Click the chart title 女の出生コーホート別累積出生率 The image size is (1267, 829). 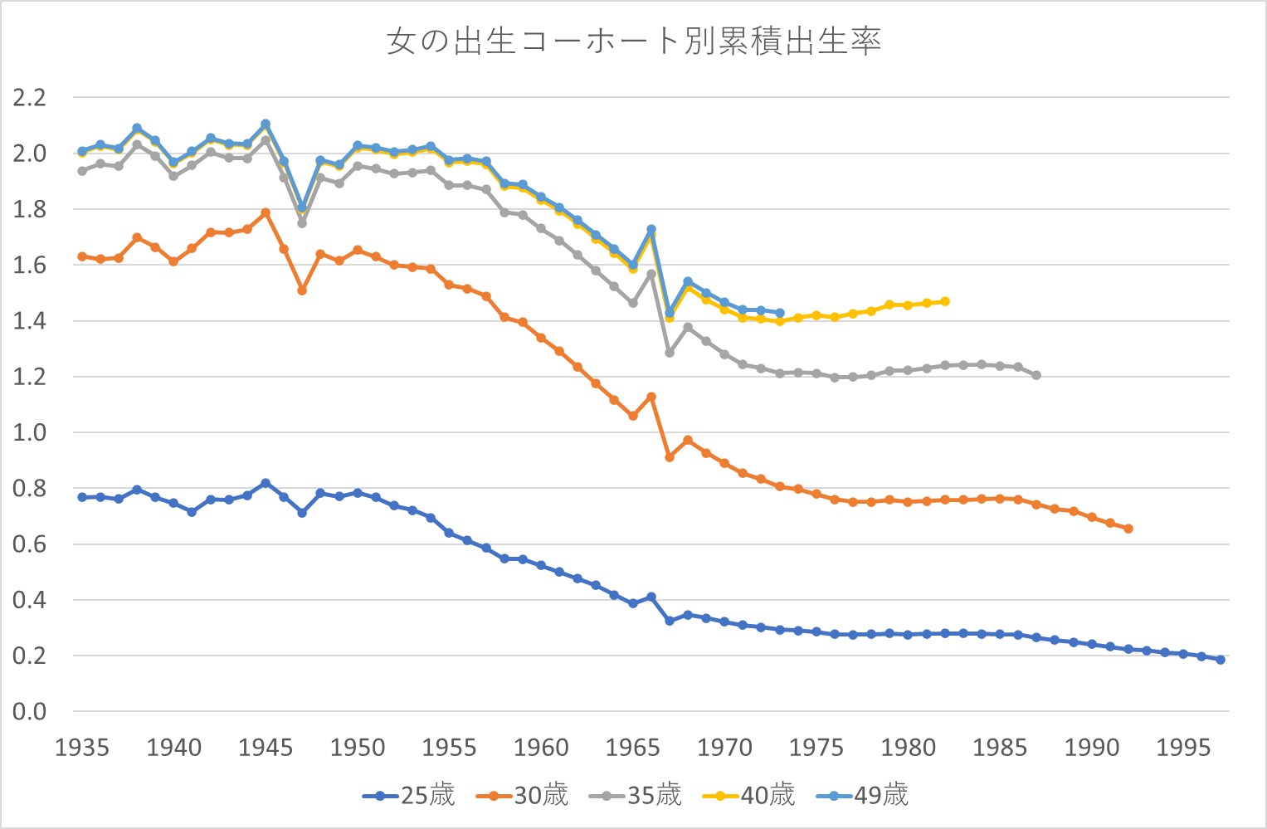click(633, 41)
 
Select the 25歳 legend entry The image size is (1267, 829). click(409, 795)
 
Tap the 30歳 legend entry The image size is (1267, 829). click(522, 795)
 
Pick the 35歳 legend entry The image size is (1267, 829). click(636, 795)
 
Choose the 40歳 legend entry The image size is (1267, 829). click(748, 795)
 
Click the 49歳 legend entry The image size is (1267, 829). click(862, 795)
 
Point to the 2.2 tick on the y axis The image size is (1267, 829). click(29, 98)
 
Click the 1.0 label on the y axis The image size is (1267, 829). click(29, 433)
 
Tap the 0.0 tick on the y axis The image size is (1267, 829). click(29, 712)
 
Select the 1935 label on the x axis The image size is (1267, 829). click(81, 748)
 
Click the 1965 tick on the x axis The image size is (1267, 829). click(632, 748)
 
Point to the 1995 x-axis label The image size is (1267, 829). click(1183, 748)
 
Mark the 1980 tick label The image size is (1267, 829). click(908, 748)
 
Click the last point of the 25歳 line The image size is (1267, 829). click(1221, 660)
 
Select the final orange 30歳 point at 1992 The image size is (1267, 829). click(1128, 529)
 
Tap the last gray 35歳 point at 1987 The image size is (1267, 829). click(1036, 375)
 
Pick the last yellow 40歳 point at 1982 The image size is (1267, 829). click(945, 301)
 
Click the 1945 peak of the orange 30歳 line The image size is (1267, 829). click(266, 212)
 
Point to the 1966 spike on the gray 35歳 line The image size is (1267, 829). click(651, 274)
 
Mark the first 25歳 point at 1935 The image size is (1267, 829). click(82, 497)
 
